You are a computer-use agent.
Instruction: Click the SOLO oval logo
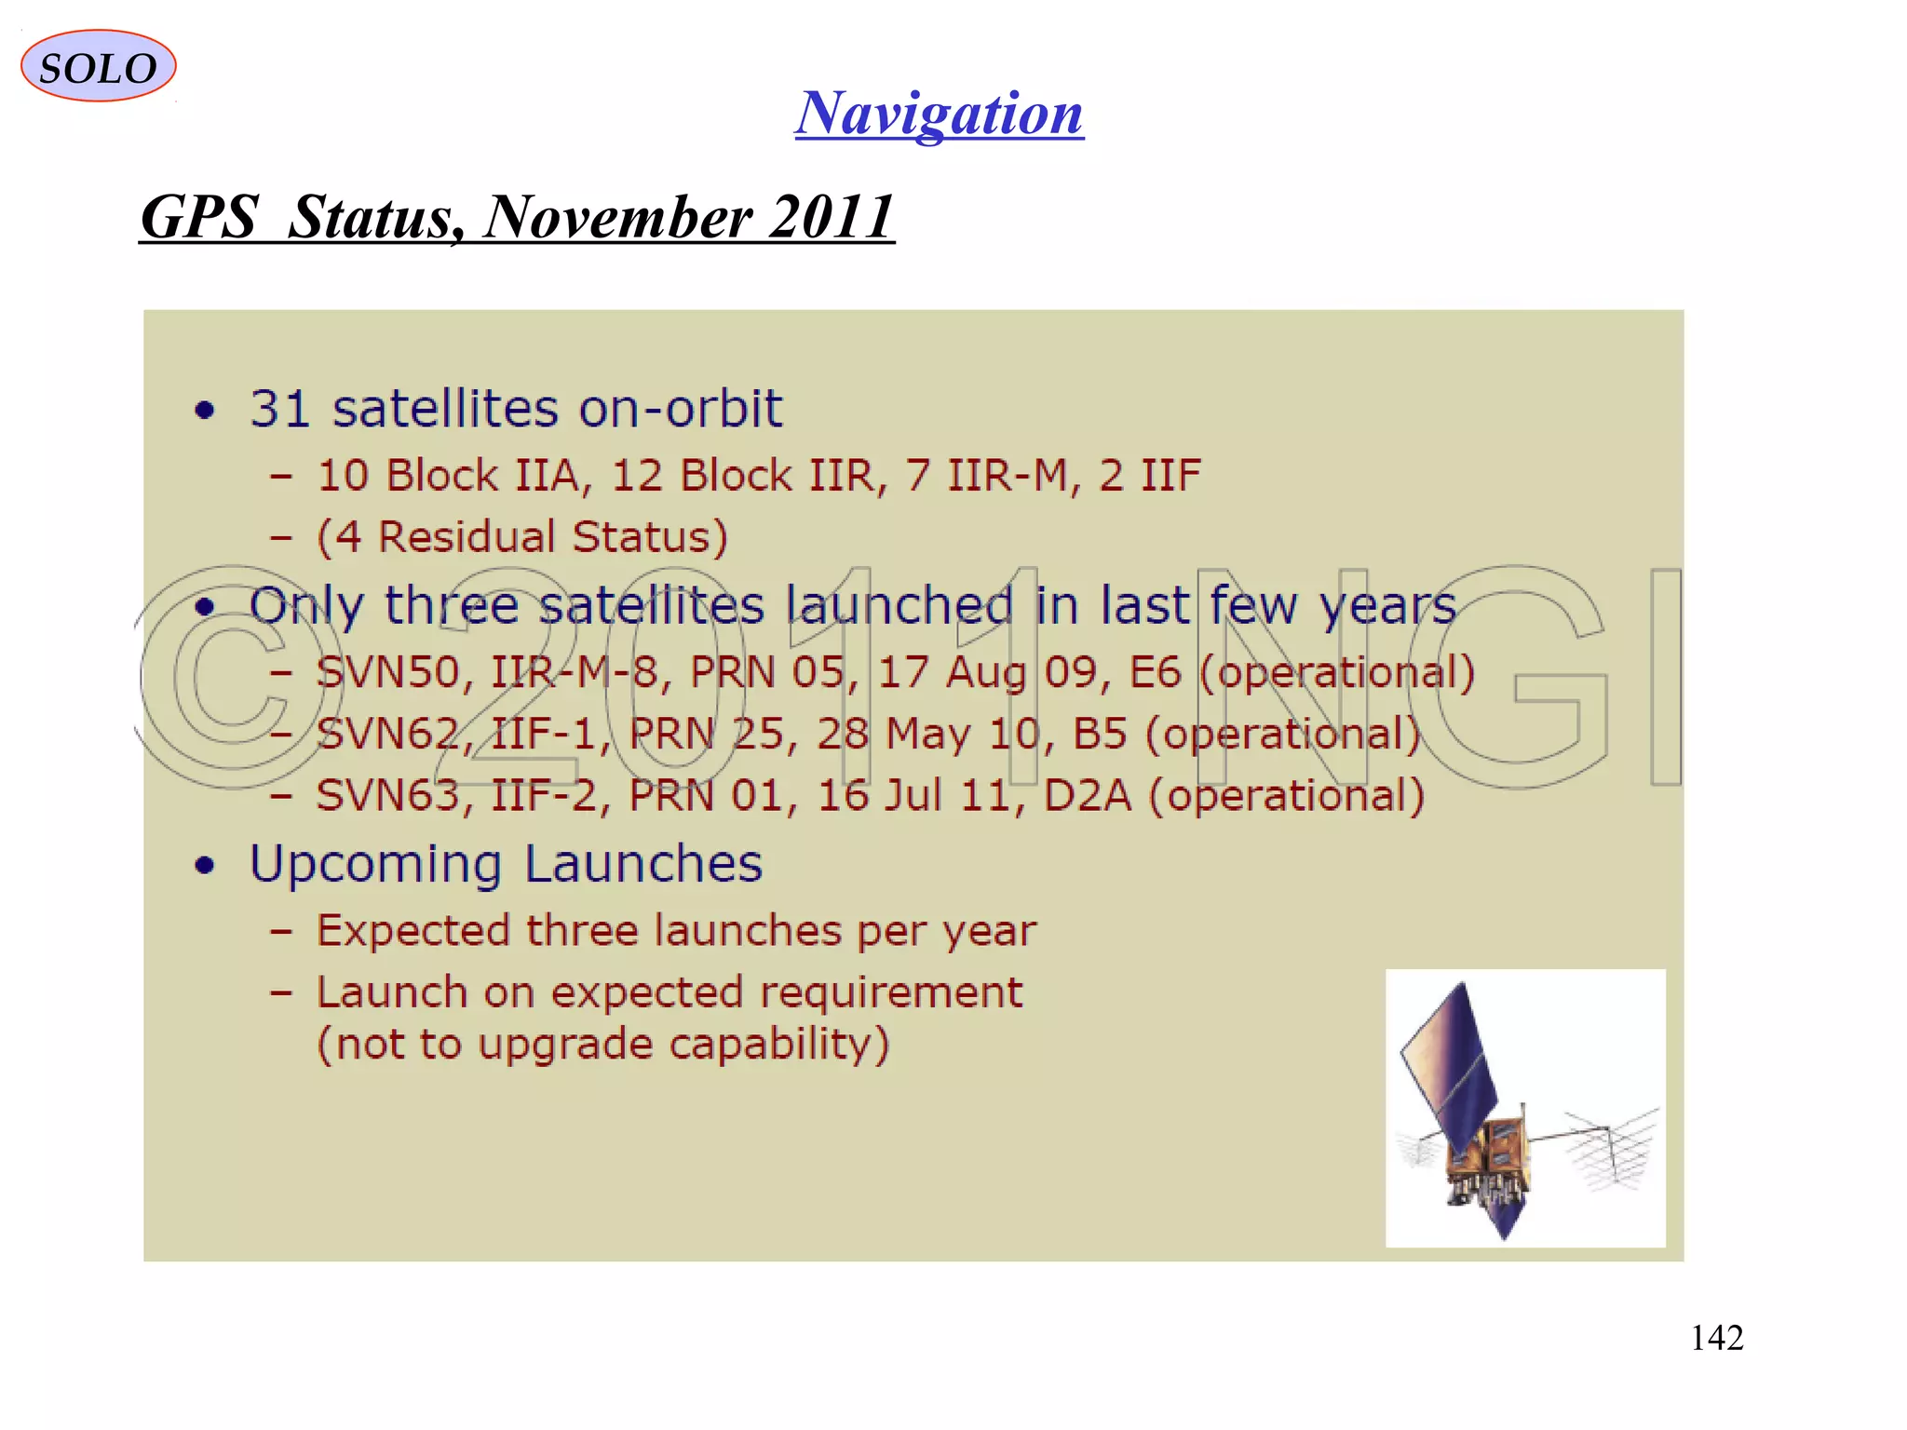(x=98, y=66)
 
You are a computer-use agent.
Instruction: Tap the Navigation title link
(x=939, y=114)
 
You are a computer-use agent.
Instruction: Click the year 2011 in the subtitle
(x=831, y=217)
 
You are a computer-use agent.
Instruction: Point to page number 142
(x=1716, y=1338)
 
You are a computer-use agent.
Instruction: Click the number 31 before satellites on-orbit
(x=279, y=409)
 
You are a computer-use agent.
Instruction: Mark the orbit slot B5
(x=1100, y=735)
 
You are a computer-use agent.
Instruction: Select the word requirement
(x=891, y=992)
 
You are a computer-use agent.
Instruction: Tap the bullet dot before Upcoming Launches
(x=205, y=865)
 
